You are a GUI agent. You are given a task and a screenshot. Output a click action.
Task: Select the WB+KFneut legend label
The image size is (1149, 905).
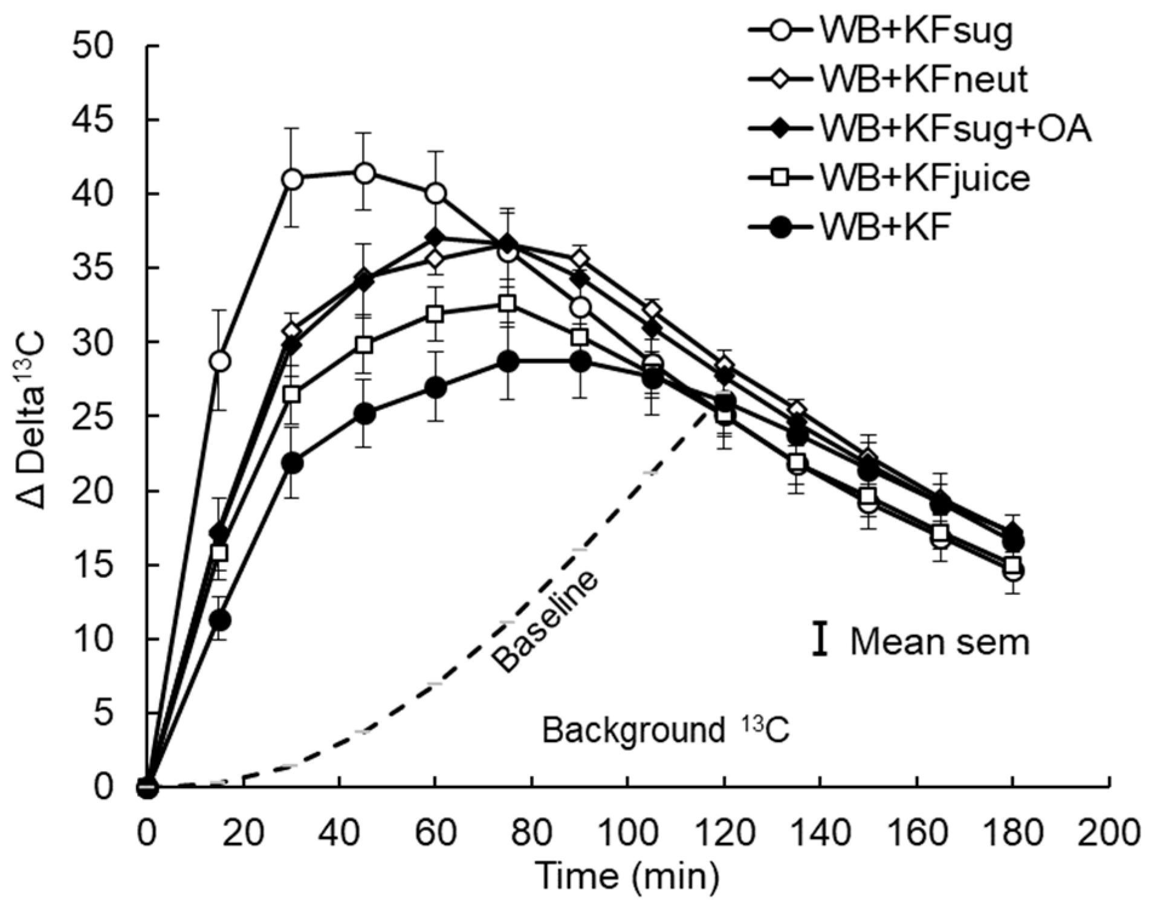tap(923, 79)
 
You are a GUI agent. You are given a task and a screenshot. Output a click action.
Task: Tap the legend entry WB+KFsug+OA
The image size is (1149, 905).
tap(956, 129)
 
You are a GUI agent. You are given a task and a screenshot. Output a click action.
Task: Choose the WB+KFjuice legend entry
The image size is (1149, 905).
tap(925, 178)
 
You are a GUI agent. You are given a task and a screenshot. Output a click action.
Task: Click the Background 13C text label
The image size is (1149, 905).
tap(665, 731)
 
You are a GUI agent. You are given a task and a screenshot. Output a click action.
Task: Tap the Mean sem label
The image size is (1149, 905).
tap(939, 641)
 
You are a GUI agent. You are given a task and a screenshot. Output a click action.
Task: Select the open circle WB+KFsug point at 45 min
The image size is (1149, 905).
tap(364, 174)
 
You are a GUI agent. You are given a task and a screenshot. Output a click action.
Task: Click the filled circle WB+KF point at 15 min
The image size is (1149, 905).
tap(220, 620)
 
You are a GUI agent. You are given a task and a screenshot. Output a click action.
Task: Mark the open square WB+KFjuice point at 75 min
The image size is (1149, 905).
tap(508, 303)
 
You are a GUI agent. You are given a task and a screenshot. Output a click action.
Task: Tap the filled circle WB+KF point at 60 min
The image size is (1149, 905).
tap(435, 388)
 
